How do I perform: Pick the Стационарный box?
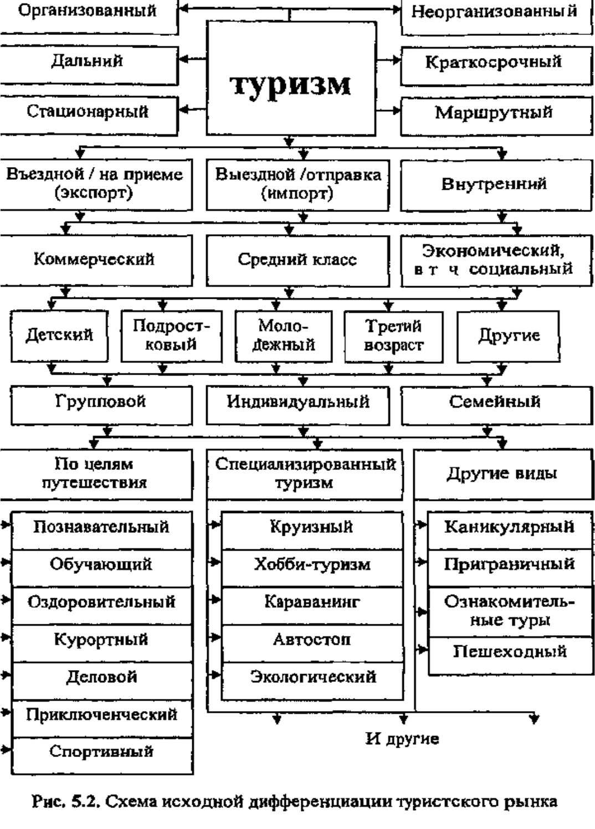88,112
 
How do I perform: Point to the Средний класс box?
297,260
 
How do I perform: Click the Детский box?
59,335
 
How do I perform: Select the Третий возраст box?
393,336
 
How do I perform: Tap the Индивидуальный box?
297,402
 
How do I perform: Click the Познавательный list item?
101,527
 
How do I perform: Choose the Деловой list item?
101,677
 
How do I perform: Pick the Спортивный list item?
101,752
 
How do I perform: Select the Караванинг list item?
312,602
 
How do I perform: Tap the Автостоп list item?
312,640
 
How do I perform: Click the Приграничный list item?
509,565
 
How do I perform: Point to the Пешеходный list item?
509,652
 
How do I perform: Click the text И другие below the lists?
402,739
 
